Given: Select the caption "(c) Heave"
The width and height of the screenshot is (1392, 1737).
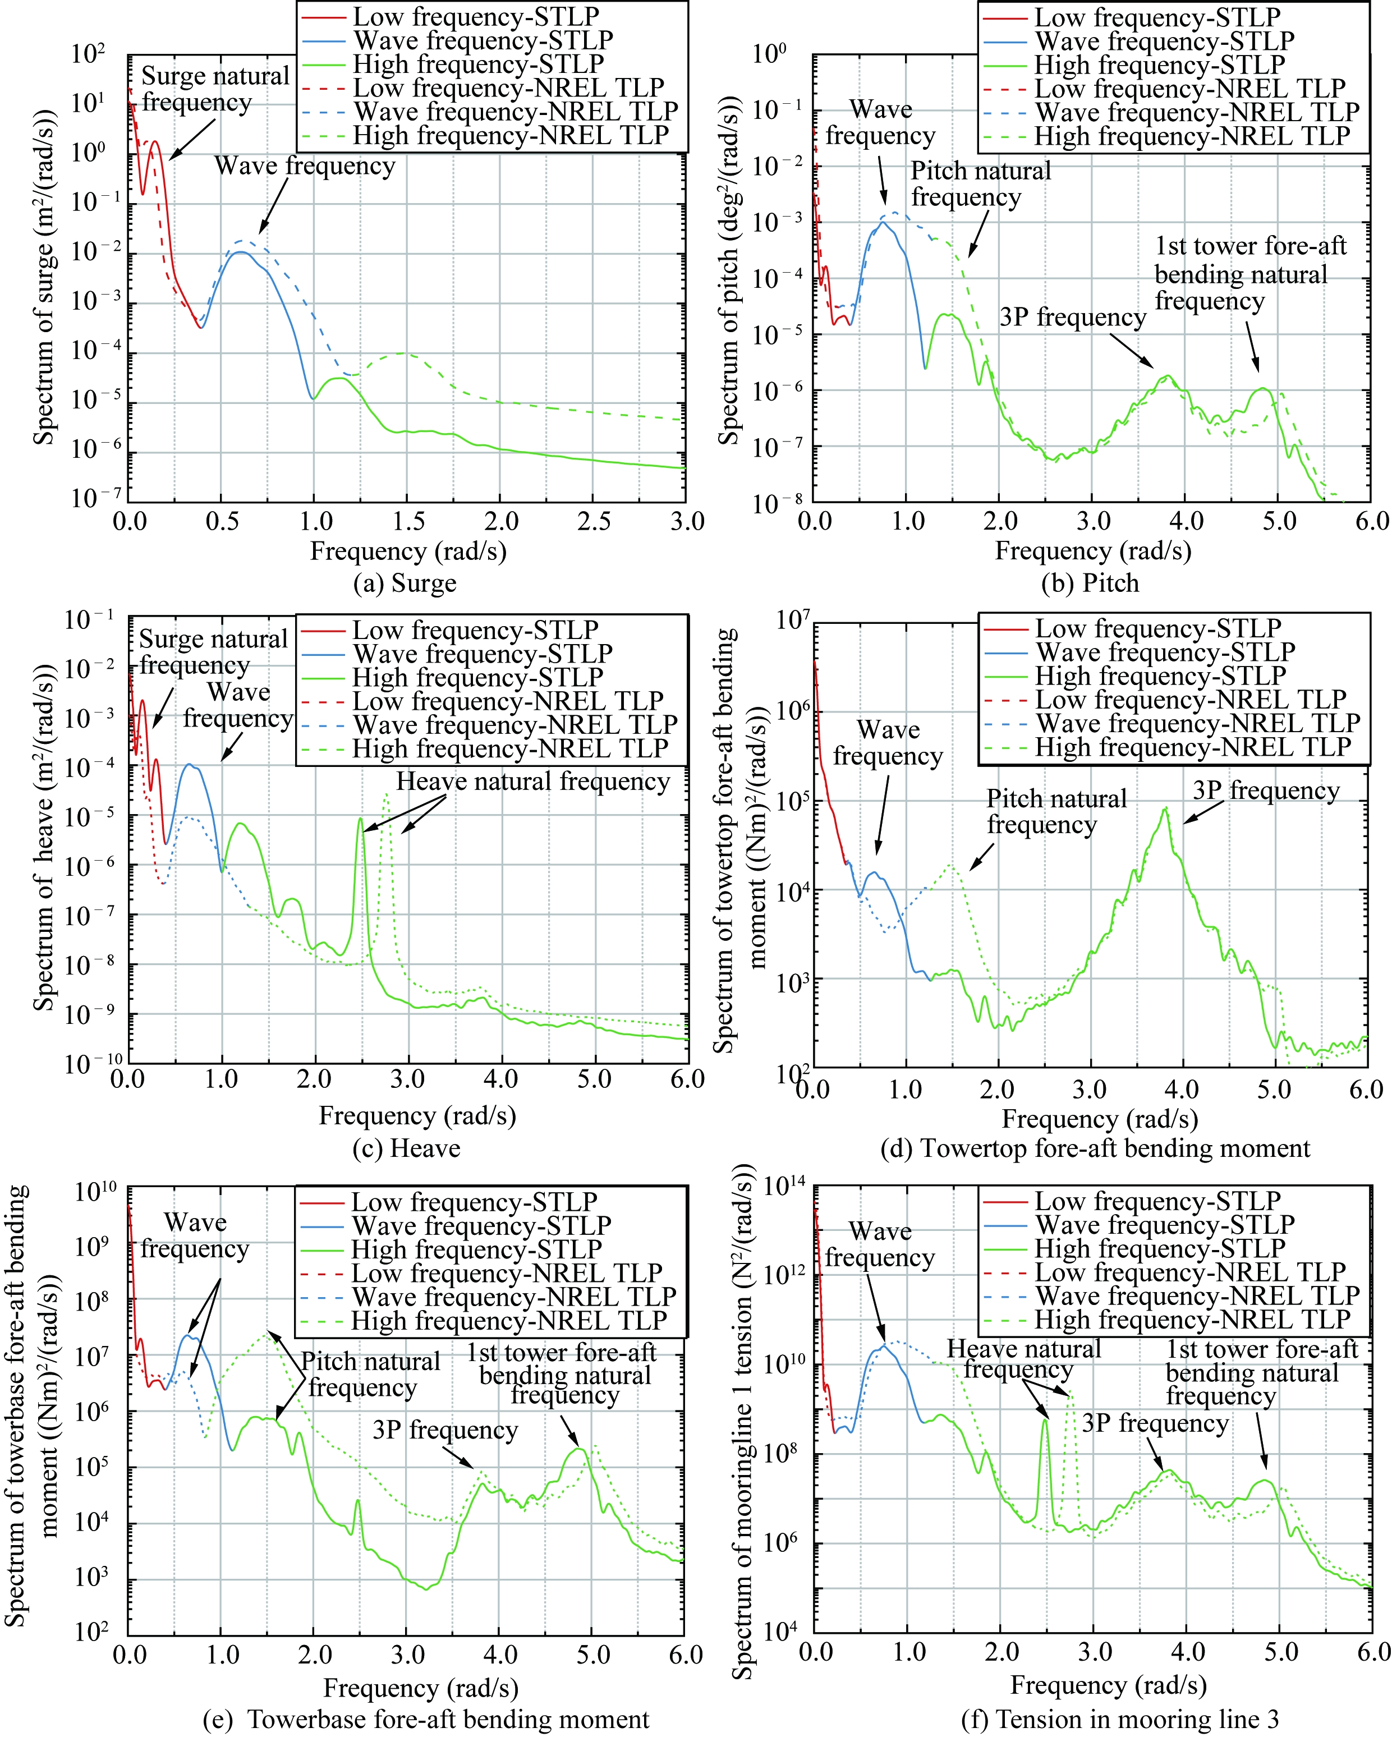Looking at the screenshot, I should (x=406, y=1147).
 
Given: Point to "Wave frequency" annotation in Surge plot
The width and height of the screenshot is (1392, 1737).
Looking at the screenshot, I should (x=305, y=166).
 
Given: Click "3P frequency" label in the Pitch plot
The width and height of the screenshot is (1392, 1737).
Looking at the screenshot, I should (x=1072, y=318).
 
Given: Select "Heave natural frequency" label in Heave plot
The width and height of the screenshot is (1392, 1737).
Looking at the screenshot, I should (x=532, y=782).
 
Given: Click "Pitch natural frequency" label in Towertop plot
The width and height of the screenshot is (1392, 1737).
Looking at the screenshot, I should (x=1056, y=811).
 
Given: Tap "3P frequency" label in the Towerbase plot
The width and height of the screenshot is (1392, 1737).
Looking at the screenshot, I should (x=445, y=1430).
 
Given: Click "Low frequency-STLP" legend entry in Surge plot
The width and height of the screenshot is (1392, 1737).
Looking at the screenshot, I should (x=475, y=16).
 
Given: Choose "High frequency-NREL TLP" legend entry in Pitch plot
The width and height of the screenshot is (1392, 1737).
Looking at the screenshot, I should (x=1192, y=136).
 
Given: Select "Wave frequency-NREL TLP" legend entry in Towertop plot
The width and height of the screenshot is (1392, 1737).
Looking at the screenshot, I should (x=1197, y=724).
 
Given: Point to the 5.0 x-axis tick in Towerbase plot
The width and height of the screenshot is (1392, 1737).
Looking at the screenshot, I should (x=593, y=1655).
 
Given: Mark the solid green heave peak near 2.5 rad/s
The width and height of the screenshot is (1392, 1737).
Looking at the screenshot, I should (x=361, y=819).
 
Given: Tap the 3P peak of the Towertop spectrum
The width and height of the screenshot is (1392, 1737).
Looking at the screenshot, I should (x=1165, y=808).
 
